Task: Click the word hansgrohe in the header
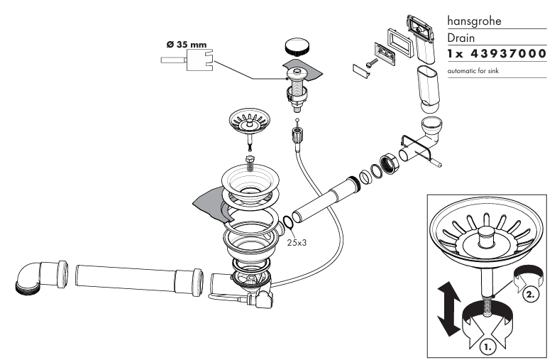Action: click(x=474, y=21)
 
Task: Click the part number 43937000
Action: click(x=508, y=53)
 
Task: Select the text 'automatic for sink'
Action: click(x=473, y=71)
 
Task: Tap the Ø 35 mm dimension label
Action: click(x=187, y=45)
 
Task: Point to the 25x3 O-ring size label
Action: click(x=297, y=243)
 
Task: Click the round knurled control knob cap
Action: click(x=297, y=47)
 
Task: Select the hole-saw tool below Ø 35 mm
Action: click(x=187, y=60)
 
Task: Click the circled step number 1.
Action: click(x=487, y=347)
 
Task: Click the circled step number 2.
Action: click(x=530, y=295)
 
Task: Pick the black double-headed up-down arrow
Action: click(x=449, y=308)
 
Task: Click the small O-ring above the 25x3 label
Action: click(x=288, y=222)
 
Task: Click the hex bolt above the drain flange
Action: click(x=250, y=163)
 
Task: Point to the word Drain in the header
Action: click(x=461, y=38)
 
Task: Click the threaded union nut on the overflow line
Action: click(x=390, y=164)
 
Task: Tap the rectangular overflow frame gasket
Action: click(x=400, y=43)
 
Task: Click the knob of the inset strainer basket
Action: click(x=486, y=236)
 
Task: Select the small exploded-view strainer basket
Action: click(x=250, y=121)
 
